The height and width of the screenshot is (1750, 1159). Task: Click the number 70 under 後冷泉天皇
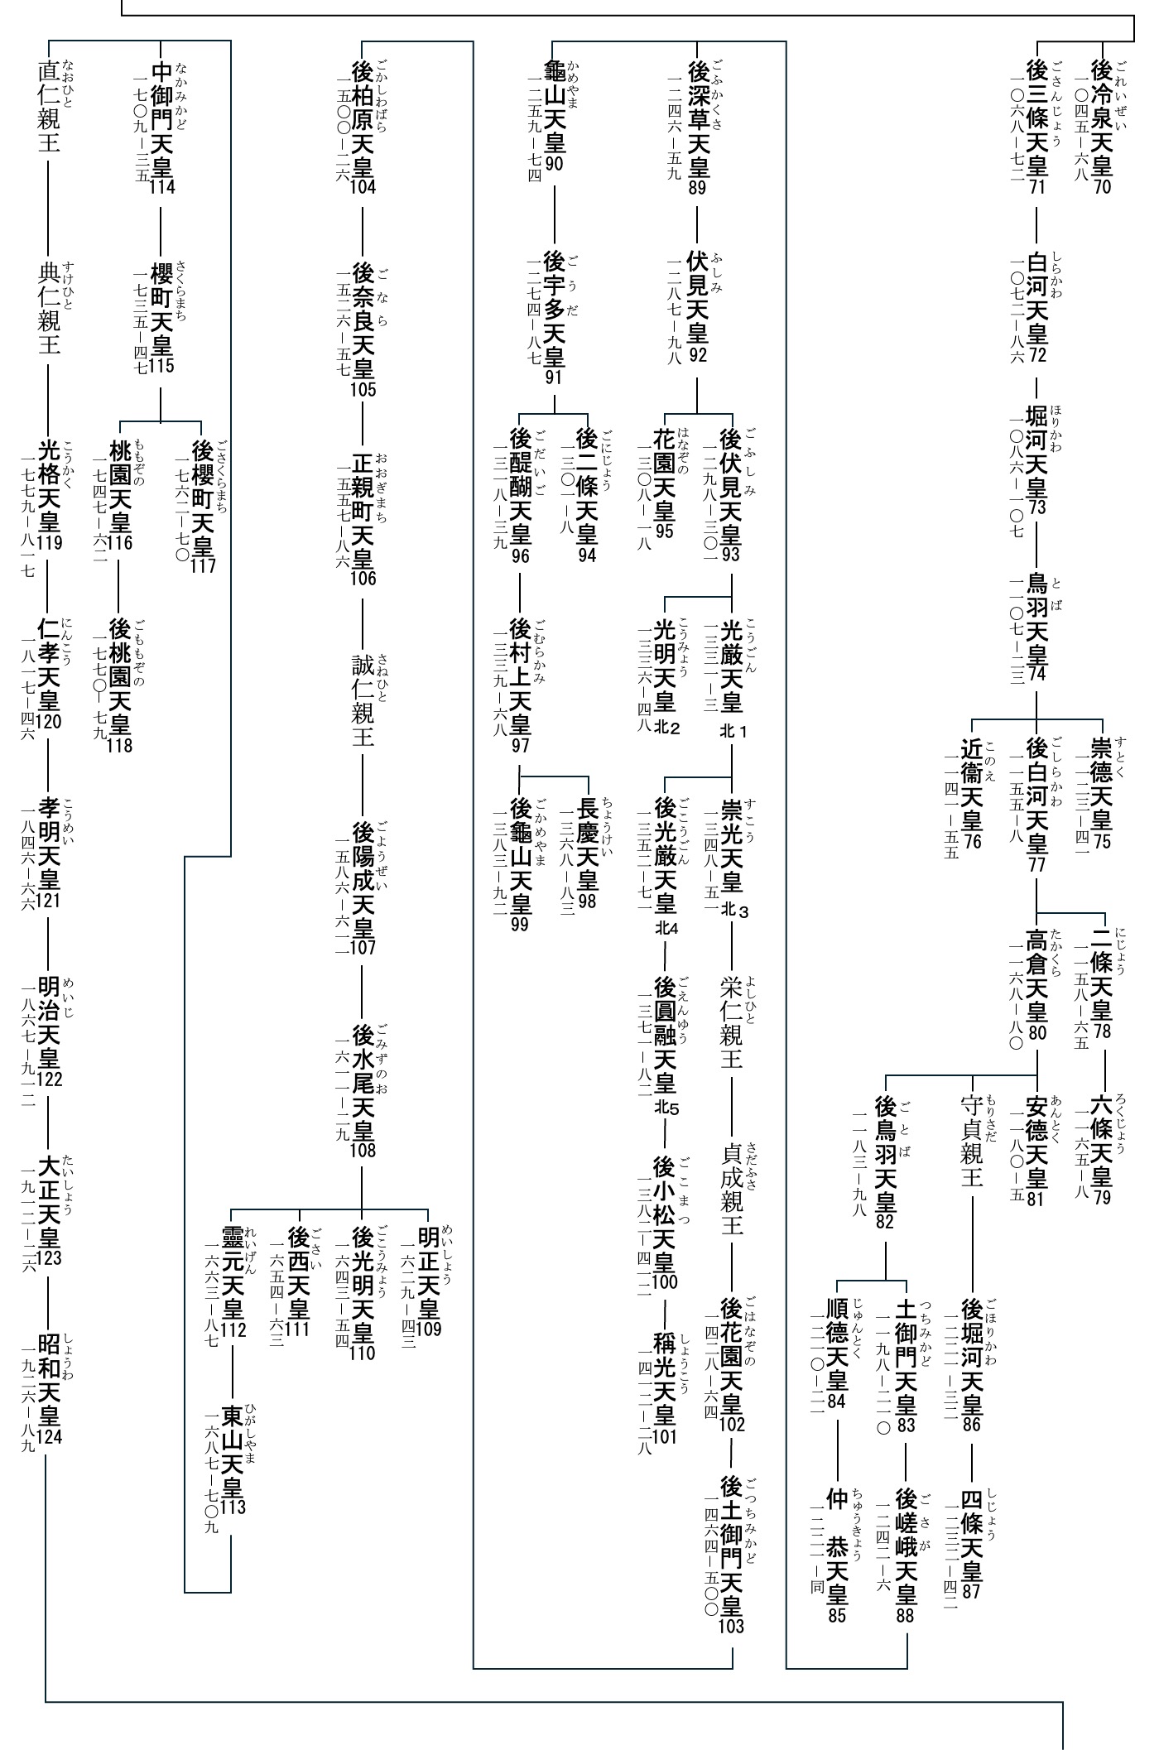click(1102, 186)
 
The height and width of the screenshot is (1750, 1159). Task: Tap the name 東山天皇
click(233, 1452)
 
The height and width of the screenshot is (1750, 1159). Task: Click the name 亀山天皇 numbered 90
click(554, 108)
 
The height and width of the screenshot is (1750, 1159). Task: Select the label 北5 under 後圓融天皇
click(666, 1108)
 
